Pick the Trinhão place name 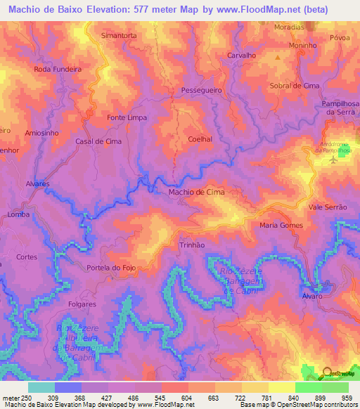click(192, 245)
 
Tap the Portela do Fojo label click(109, 268)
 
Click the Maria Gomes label click(281, 226)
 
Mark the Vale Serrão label click(328, 207)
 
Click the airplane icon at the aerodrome click(333, 160)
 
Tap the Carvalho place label click(241, 55)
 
